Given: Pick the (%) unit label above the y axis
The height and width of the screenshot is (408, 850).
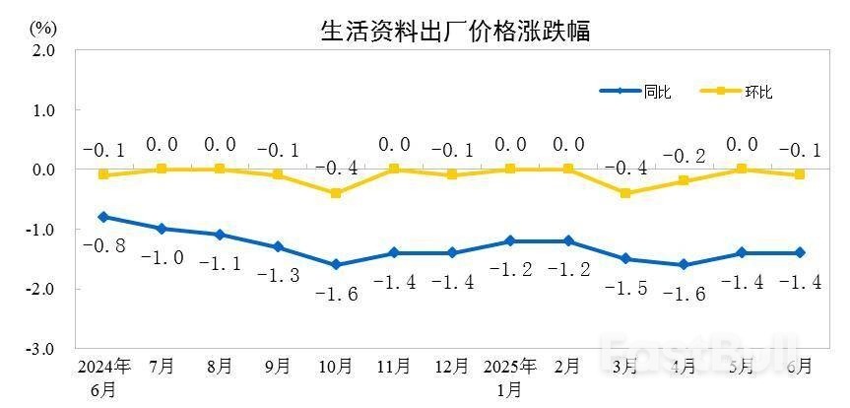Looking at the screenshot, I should [x=42, y=27].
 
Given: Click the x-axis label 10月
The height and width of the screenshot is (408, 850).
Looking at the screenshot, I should [x=336, y=367].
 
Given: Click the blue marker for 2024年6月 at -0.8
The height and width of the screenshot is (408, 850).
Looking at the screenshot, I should [x=103, y=217].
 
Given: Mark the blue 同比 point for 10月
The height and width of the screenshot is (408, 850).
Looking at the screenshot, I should [x=336, y=264].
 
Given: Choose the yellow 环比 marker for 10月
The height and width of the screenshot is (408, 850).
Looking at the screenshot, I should [x=336, y=193].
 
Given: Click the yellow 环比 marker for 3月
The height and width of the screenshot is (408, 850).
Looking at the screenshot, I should [x=626, y=193].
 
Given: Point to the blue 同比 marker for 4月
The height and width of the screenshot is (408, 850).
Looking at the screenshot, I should [x=685, y=264].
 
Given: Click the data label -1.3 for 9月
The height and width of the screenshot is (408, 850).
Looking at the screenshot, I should [x=278, y=275].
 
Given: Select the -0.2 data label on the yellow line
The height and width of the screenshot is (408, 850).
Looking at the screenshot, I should [x=685, y=156].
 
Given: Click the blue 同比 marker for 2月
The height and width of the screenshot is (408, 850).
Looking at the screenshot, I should [x=568, y=240].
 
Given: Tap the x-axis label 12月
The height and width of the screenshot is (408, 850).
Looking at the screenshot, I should [x=452, y=367].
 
